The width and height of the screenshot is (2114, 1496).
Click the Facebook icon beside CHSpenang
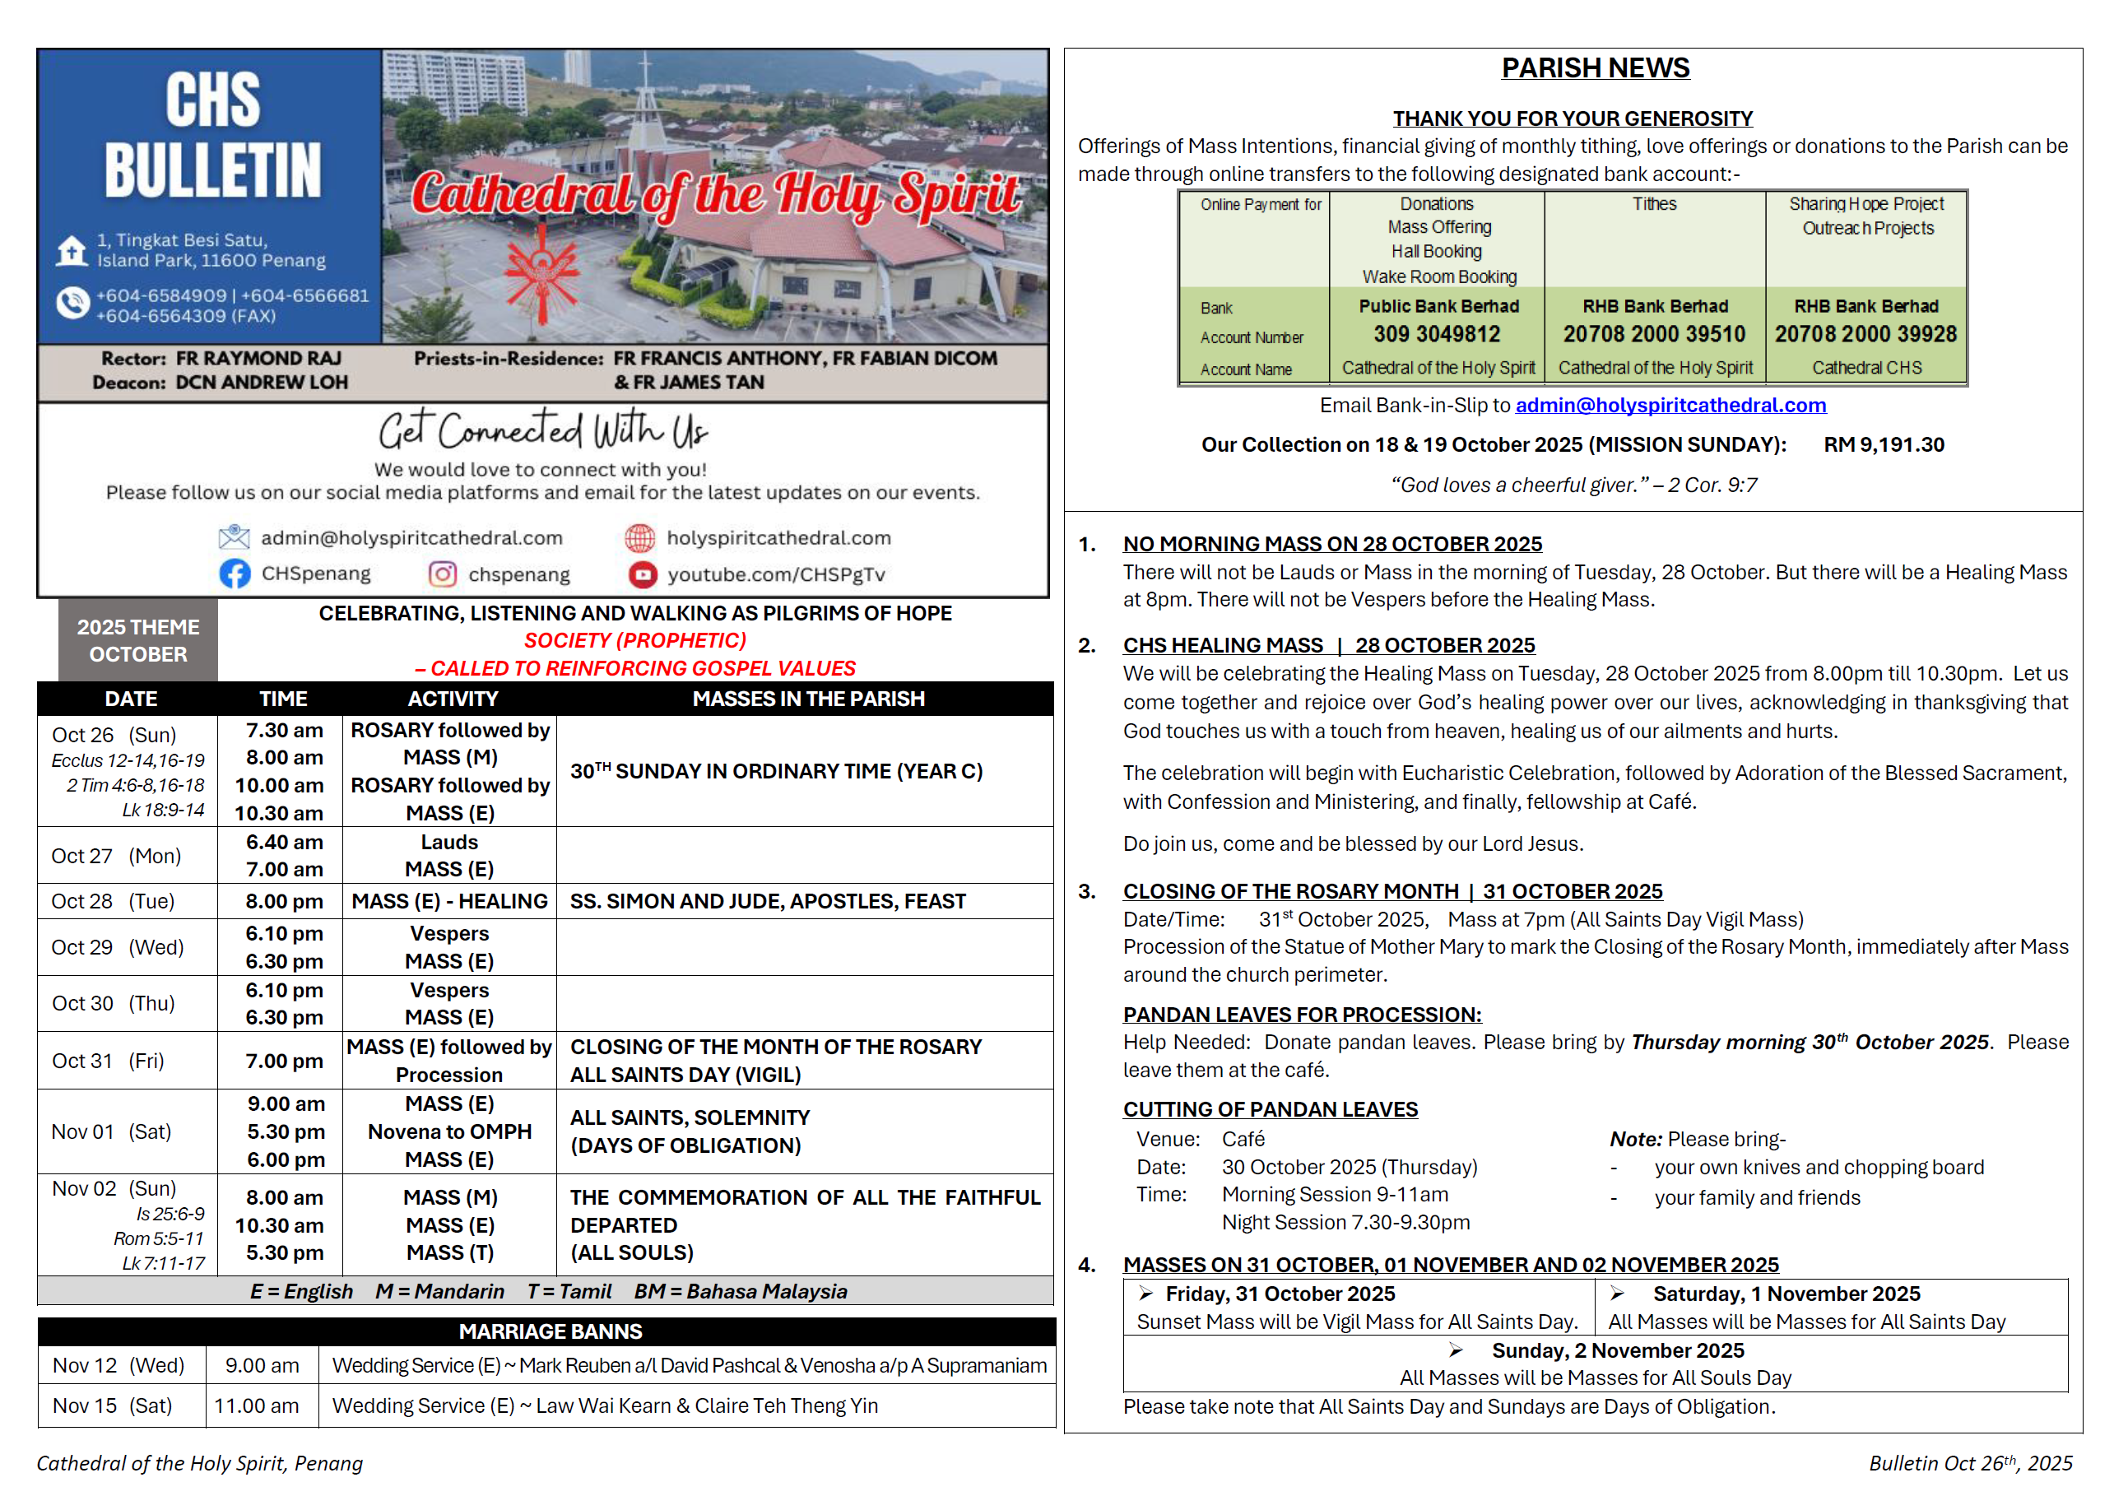(x=235, y=574)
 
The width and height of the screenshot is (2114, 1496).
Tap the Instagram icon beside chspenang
(x=442, y=574)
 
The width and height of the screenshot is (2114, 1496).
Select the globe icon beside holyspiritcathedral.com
(x=639, y=537)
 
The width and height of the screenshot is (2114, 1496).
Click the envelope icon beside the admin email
(x=234, y=537)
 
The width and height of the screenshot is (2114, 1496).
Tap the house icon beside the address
(x=71, y=249)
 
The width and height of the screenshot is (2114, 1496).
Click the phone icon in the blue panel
(x=71, y=303)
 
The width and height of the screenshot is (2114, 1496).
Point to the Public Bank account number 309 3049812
(x=1436, y=334)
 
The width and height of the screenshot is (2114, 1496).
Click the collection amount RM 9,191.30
(x=1883, y=445)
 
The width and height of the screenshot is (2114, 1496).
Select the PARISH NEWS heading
(x=1596, y=68)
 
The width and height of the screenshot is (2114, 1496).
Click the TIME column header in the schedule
(x=283, y=699)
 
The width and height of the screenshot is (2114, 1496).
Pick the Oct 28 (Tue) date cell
(x=114, y=901)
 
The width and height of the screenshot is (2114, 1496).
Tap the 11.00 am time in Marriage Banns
(x=256, y=1405)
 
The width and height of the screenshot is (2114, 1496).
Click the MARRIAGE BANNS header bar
(x=550, y=1331)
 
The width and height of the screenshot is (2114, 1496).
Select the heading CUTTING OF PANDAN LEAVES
(x=1270, y=1109)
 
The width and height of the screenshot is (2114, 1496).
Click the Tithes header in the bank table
(x=1654, y=203)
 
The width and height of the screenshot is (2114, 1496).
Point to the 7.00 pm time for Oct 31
(x=284, y=1062)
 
